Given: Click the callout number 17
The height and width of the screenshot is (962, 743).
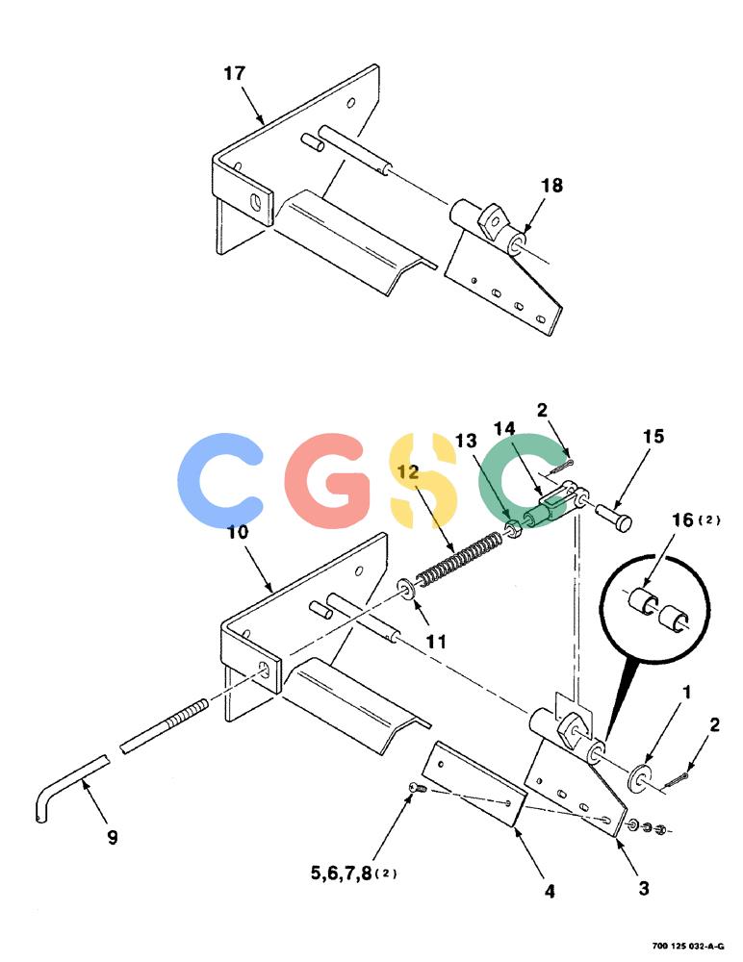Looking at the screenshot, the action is click(234, 74).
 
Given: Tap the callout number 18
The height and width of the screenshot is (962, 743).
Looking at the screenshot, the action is click(551, 186).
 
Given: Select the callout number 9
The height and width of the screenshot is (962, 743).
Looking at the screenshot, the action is click(113, 838).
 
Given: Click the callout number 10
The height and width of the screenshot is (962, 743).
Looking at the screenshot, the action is click(238, 532).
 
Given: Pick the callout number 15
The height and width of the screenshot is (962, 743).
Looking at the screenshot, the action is click(653, 436).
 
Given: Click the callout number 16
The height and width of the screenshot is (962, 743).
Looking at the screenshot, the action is click(682, 520).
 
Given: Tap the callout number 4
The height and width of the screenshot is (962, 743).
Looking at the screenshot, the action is click(550, 891).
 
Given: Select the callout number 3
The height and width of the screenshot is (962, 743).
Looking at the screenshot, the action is click(644, 888).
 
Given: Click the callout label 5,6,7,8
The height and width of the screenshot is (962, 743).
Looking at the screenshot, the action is click(341, 873).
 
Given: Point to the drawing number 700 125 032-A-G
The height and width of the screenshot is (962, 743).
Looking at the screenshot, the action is click(688, 946).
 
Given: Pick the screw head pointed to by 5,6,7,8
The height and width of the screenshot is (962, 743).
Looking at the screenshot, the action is click(415, 787).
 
